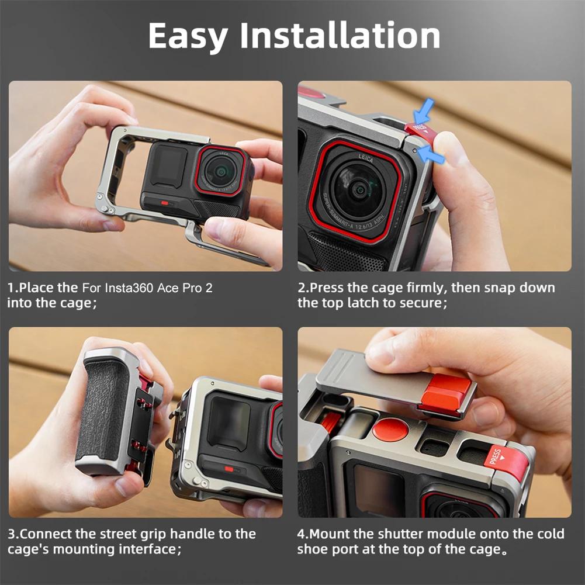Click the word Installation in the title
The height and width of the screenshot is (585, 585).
(x=340, y=36)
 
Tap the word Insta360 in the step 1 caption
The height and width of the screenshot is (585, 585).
(x=131, y=288)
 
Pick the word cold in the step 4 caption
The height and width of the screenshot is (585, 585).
(x=551, y=534)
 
